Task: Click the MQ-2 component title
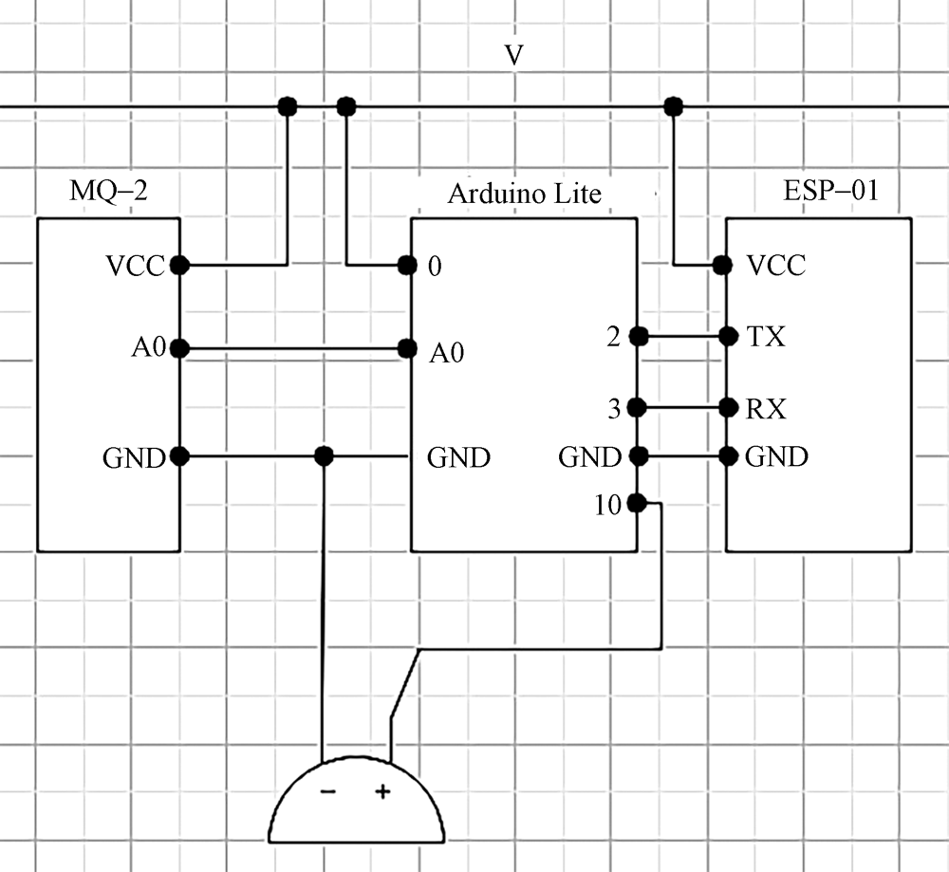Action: pos(110,192)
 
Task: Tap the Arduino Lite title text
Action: pos(524,194)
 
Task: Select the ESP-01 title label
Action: pos(830,191)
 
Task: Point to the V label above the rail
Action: pos(513,56)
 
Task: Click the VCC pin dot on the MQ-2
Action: pos(180,266)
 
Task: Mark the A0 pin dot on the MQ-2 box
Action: pos(180,349)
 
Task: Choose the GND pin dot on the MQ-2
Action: pos(180,456)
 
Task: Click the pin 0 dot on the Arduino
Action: pos(408,266)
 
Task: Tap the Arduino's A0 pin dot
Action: pos(408,349)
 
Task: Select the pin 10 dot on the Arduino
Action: pos(637,503)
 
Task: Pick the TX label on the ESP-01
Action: pos(766,336)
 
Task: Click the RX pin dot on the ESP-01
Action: pos(728,409)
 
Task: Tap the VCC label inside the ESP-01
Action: pos(776,266)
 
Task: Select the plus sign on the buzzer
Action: pos(383,791)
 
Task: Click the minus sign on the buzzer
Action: pos(326,791)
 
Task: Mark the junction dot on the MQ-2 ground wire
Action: pos(324,456)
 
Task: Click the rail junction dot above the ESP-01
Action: pos(674,104)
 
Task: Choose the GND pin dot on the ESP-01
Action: pos(728,456)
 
